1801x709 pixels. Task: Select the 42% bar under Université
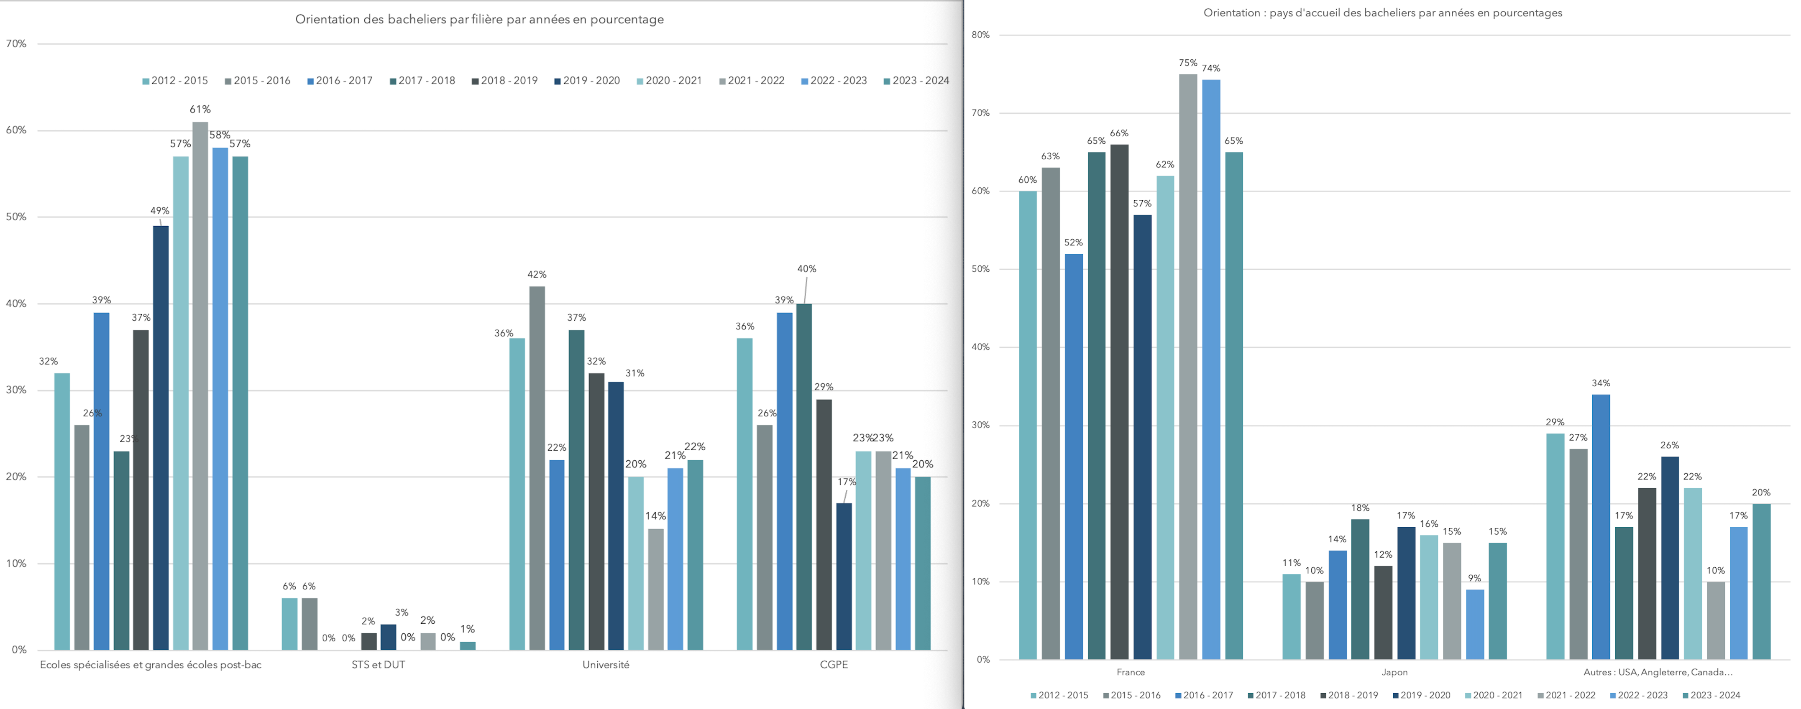(x=537, y=468)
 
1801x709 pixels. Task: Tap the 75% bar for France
(x=1188, y=367)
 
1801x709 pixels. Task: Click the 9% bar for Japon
(x=1474, y=625)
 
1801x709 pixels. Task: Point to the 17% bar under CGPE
(x=844, y=576)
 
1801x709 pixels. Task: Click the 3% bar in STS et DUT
(x=388, y=637)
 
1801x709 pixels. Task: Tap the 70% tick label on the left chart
(x=16, y=44)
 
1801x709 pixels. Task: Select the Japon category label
(x=1394, y=672)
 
